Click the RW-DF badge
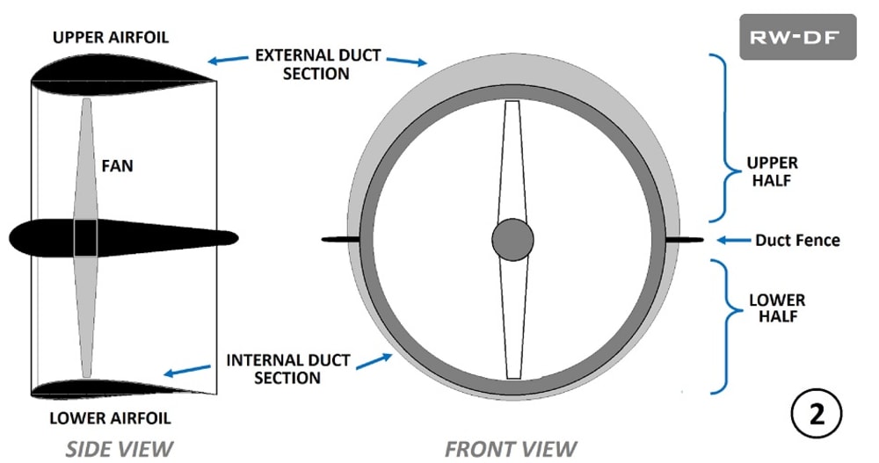tap(797, 37)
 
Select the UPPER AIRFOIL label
tap(110, 37)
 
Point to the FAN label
tap(116, 164)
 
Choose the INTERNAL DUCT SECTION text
tap(287, 369)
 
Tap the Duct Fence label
tap(797, 239)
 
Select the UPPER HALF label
tap(773, 171)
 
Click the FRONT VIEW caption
tap(511, 449)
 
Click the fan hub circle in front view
tap(512, 240)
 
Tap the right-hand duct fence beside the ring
tap(685, 239)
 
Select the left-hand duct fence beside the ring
tap(335, 239)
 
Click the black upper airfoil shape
tap(114, 70)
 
